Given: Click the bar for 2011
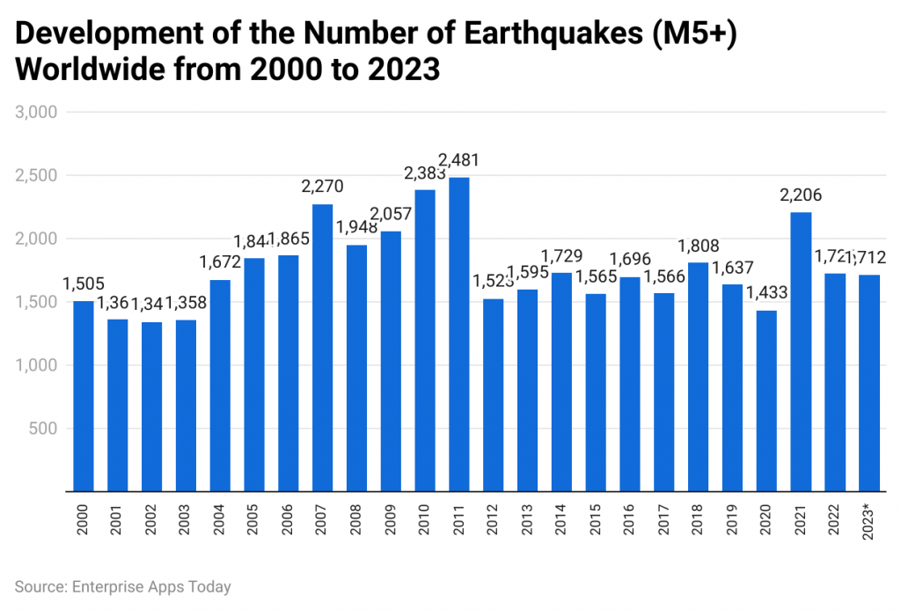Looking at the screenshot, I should click(x=458, y=335).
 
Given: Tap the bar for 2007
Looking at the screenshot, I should click(x=322, y=348).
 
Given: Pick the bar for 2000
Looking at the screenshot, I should click(x=83, y=396).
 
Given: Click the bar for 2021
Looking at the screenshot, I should click(x=801, y=352).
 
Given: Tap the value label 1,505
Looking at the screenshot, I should click(x=84, y=283).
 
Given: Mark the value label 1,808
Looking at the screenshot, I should click(x=698, y=247).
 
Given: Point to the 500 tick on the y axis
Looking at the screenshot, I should click(x=44, y=429).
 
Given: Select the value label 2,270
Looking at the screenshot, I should click(x=322, y=187).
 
